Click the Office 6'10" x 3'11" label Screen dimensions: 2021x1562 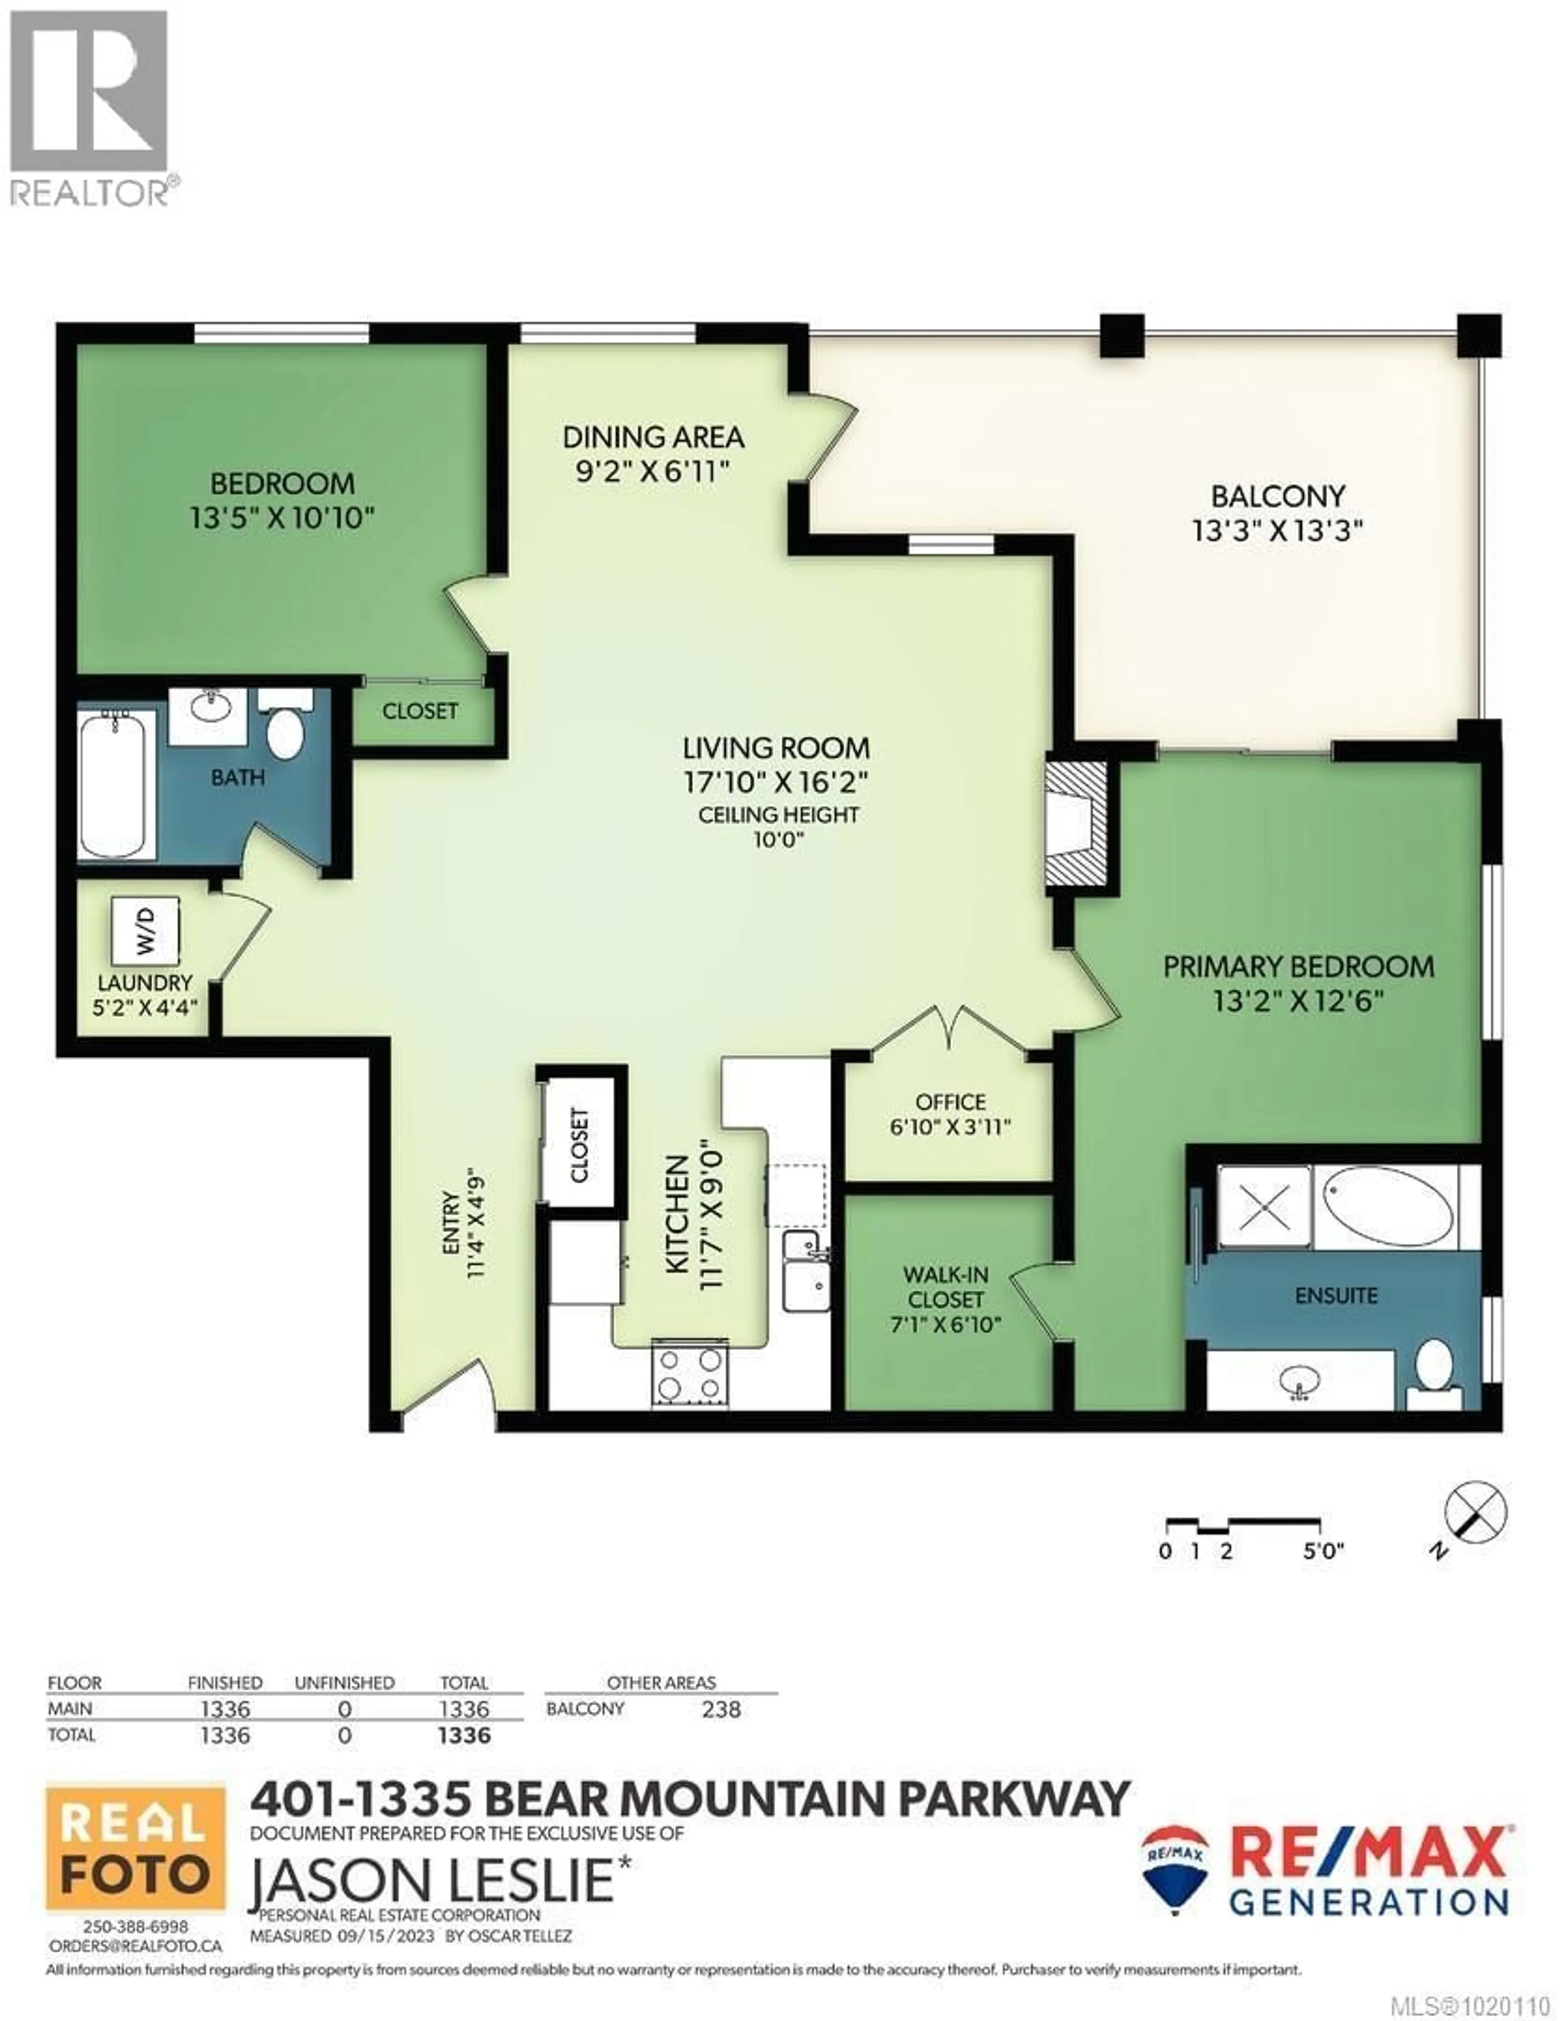(950, 1114)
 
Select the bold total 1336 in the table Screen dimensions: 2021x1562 (464, 1735)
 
